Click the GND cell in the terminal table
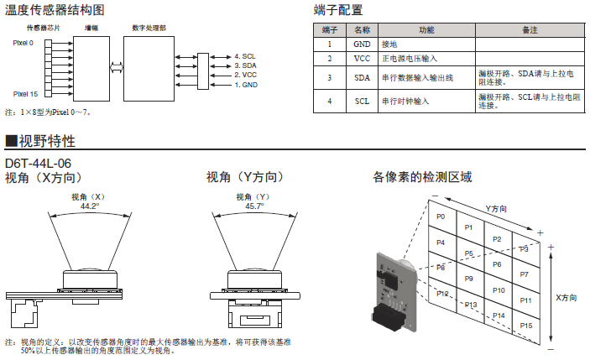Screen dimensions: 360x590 pyautogui.click(x=362, y=44)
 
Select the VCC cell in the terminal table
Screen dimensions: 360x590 pyautogui.click(x=362, y=59)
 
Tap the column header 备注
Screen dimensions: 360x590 pyautogui.click(x=529, y=29)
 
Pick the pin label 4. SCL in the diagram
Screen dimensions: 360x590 pyautogui.click(x=245, y=56)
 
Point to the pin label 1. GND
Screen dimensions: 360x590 pyautogui.click(x=245, y=85)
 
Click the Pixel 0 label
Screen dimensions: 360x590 pyautogui.click(x=24, y=43)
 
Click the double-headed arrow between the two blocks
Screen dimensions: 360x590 pyautogui.click(x=117, y=65)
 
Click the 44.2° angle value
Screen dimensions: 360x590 pyautogui.click(x=90, y=206)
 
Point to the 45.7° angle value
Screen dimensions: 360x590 pyautogui.click(x=254, y=206)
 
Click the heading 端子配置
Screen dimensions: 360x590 pyautogui.click(x=340, y=10)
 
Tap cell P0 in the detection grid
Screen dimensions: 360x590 pyautogui.click(x=441, y=217)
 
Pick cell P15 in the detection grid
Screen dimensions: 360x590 pyautogui.click(x=526, y=324)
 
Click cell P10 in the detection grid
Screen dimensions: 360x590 pyautogui.click(x=498, y=290)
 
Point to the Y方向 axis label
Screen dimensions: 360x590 pyautogui.click(x=497, y=207)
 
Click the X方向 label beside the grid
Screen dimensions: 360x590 pyautogui.click(x=567, y=297)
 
